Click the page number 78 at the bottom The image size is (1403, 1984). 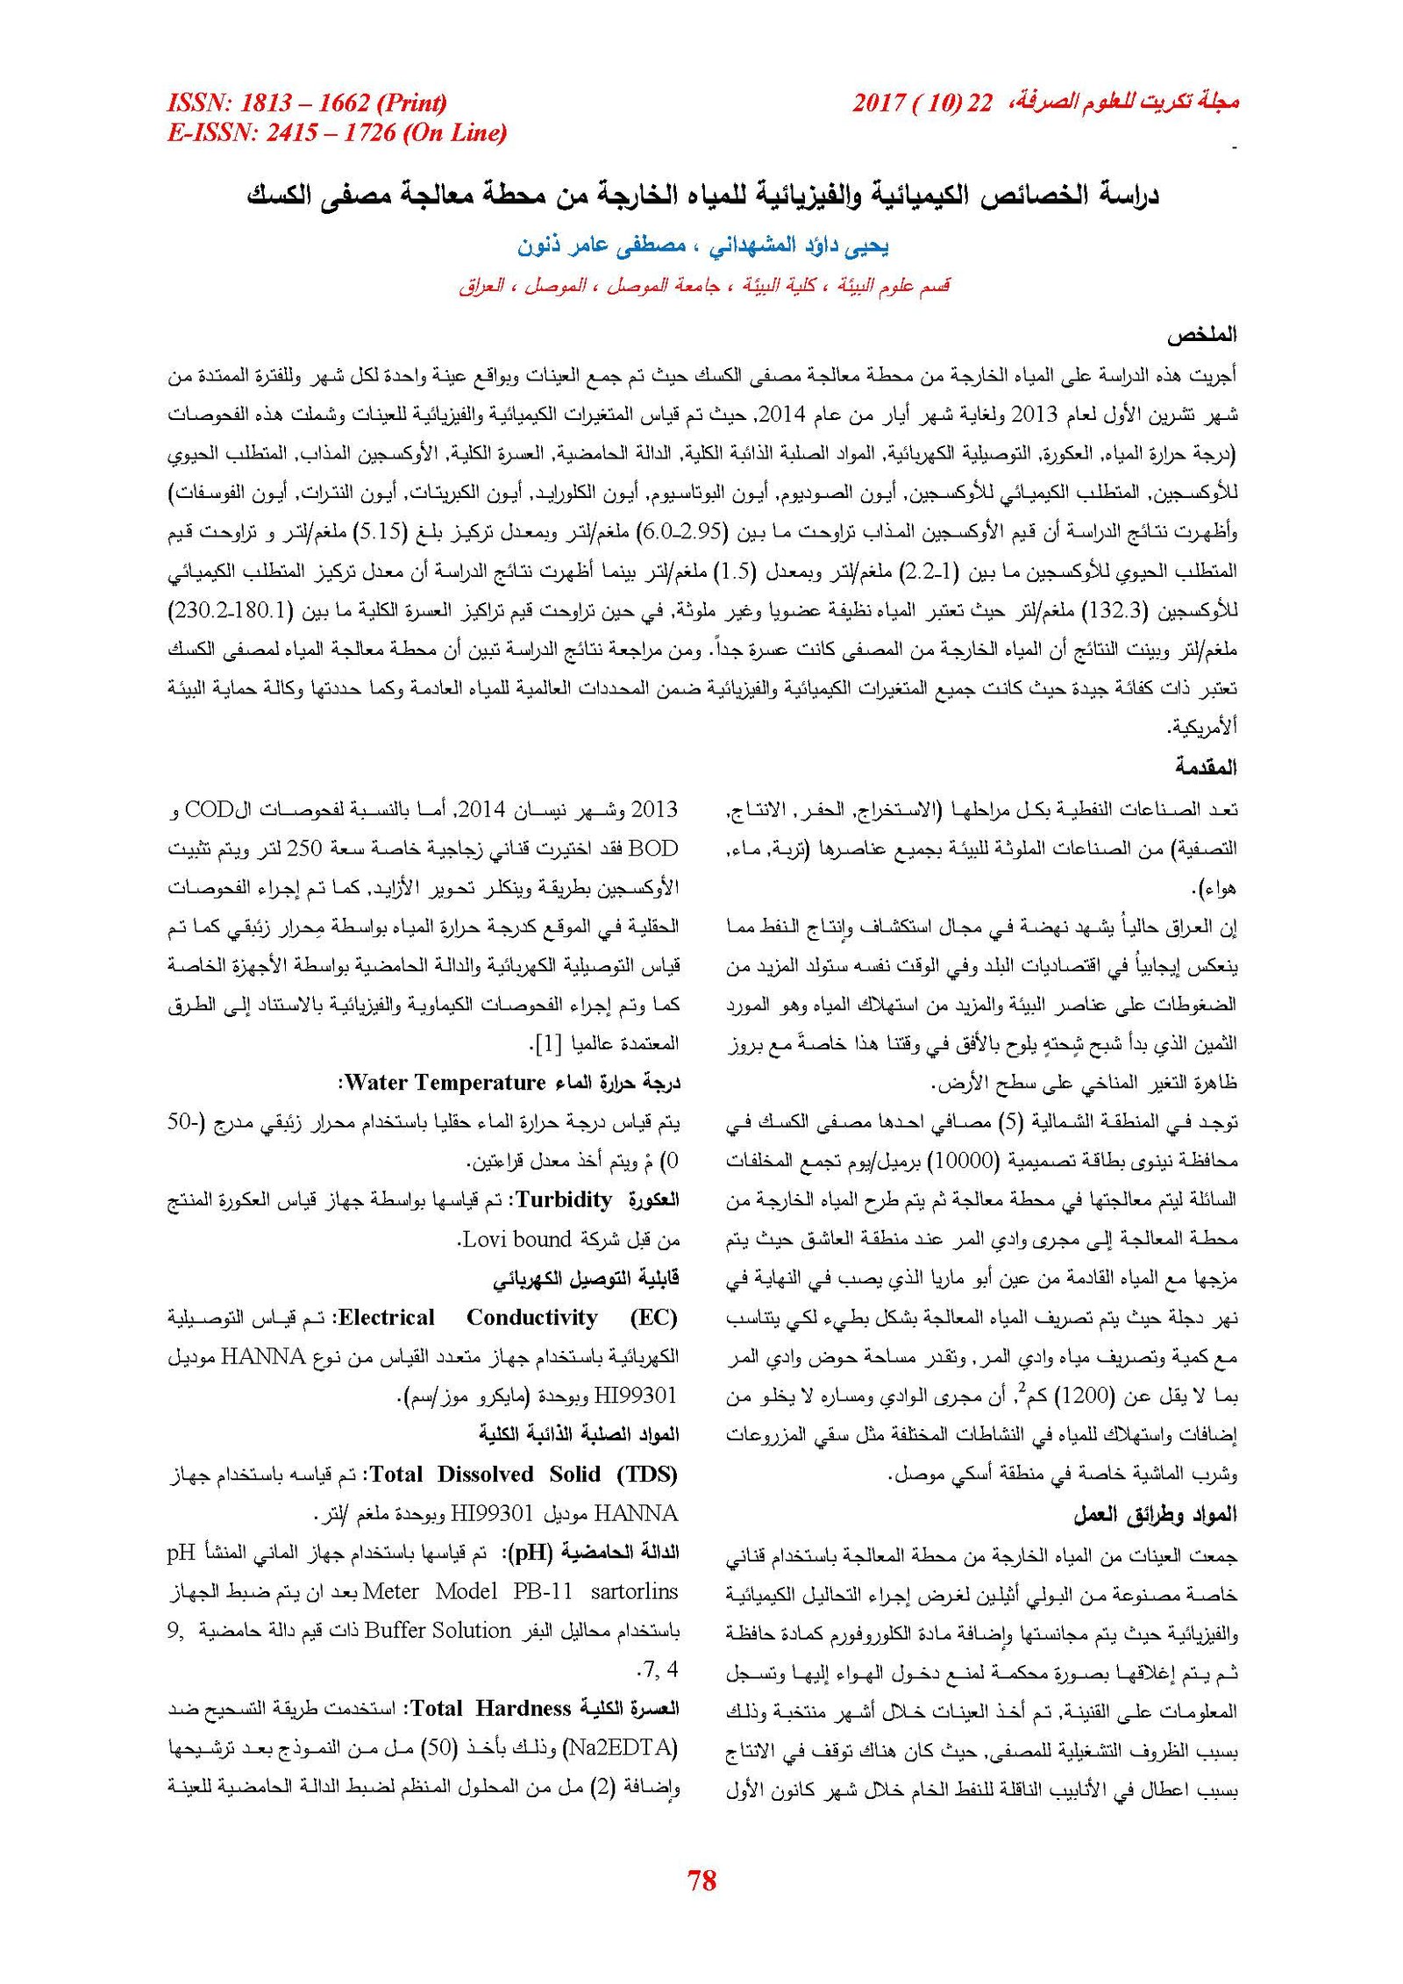coord(701,1880)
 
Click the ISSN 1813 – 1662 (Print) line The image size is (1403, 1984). coord(307,103)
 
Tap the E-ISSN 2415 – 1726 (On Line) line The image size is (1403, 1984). coord(337,132)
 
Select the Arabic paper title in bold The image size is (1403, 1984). coord(702,195)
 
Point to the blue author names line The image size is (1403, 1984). coord(702,246)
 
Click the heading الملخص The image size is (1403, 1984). coord(1200,335)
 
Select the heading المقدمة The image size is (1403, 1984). coord(1206,767)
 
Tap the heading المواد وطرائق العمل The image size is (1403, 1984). coord(1155,1514)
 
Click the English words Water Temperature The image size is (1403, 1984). coord(445,1083)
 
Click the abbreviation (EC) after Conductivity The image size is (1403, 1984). coord(654,1318)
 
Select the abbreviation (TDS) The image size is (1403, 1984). coord(647,1475)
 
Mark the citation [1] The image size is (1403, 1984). coord(548,1044)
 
